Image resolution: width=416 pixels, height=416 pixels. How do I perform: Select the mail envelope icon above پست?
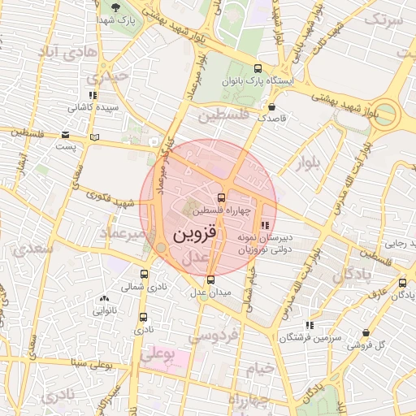point(64,136)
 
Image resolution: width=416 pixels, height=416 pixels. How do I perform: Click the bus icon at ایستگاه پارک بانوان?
point(258,69)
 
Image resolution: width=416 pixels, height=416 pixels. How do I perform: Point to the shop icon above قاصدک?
point(271,106)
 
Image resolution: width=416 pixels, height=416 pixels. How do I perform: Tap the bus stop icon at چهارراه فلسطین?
point(220,197)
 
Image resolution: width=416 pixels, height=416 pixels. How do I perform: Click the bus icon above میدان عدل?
point(210,279)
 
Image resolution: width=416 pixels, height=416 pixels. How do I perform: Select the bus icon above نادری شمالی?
point(144,275)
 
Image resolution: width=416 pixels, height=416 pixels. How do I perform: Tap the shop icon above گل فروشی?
point(366,333)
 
